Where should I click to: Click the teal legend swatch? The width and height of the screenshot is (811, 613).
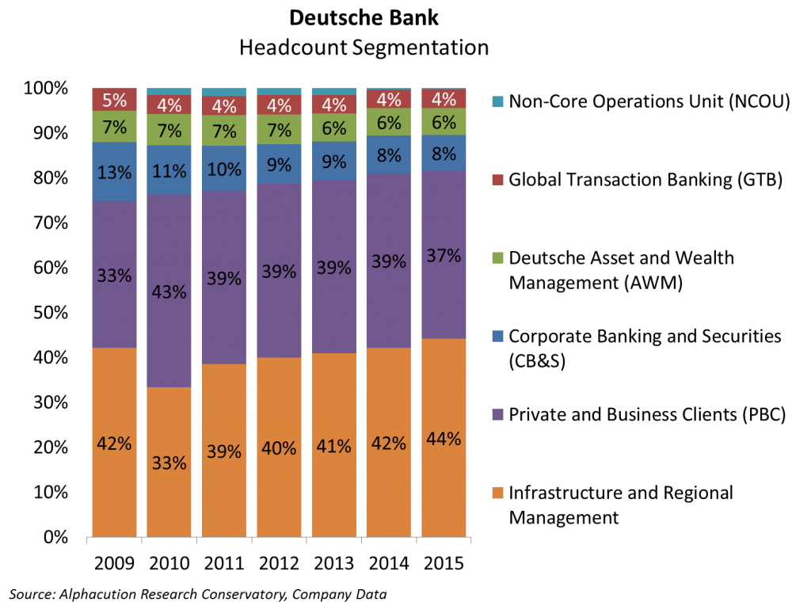pyautogui.click(x=497, y=101)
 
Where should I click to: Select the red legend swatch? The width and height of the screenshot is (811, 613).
pyautogui.click(x=497, y=180)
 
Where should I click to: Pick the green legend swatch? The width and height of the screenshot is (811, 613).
pyautogui.click(x=497, y=257)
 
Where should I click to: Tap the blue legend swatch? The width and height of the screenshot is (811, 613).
pyautogui.click(x=497, y=336)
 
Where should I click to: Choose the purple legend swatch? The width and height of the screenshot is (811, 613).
pyautogui.click(x=497, y=414)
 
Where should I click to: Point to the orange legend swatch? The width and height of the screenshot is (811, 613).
pyautogui.click(x=497, y=493)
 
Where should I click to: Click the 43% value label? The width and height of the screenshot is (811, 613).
pyautogui.click(x=169, y=292)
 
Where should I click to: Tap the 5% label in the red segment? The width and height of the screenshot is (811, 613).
pyautogui.click(x=114, y=101)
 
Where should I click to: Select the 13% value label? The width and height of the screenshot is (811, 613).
pyautogui.click(x=114, y=173)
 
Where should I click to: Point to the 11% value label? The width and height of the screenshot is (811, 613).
pyautogui.click(x=169, y=171)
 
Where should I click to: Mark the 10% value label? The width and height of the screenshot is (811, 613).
pyautogui.click(x=223, y=169)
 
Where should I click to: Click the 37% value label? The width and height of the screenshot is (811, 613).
pyautogui.click(x=444, y=256)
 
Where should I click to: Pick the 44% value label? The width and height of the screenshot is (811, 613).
pyautogui.click(x=444, y=439)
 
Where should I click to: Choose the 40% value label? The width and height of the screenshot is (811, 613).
pyautogui.click(x=279, y=448)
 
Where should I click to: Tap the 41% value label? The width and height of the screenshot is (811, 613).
pyautogui.click(x=333, y=446)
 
